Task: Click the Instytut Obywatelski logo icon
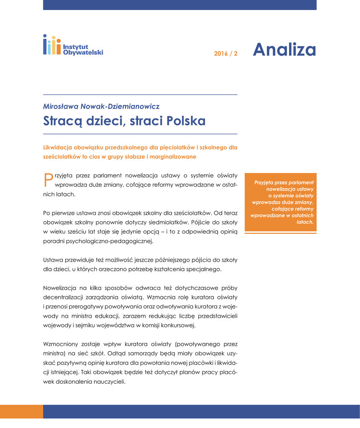coord(52,45)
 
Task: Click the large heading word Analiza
coord(284,50)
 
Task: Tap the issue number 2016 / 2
coord(226,54)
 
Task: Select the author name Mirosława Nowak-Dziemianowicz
coord(101,107)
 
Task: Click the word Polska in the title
coord(186,121)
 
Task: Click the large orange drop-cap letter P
coord(48,179)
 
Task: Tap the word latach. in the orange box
coord(305,222)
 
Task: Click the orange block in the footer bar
coord(21,411)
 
